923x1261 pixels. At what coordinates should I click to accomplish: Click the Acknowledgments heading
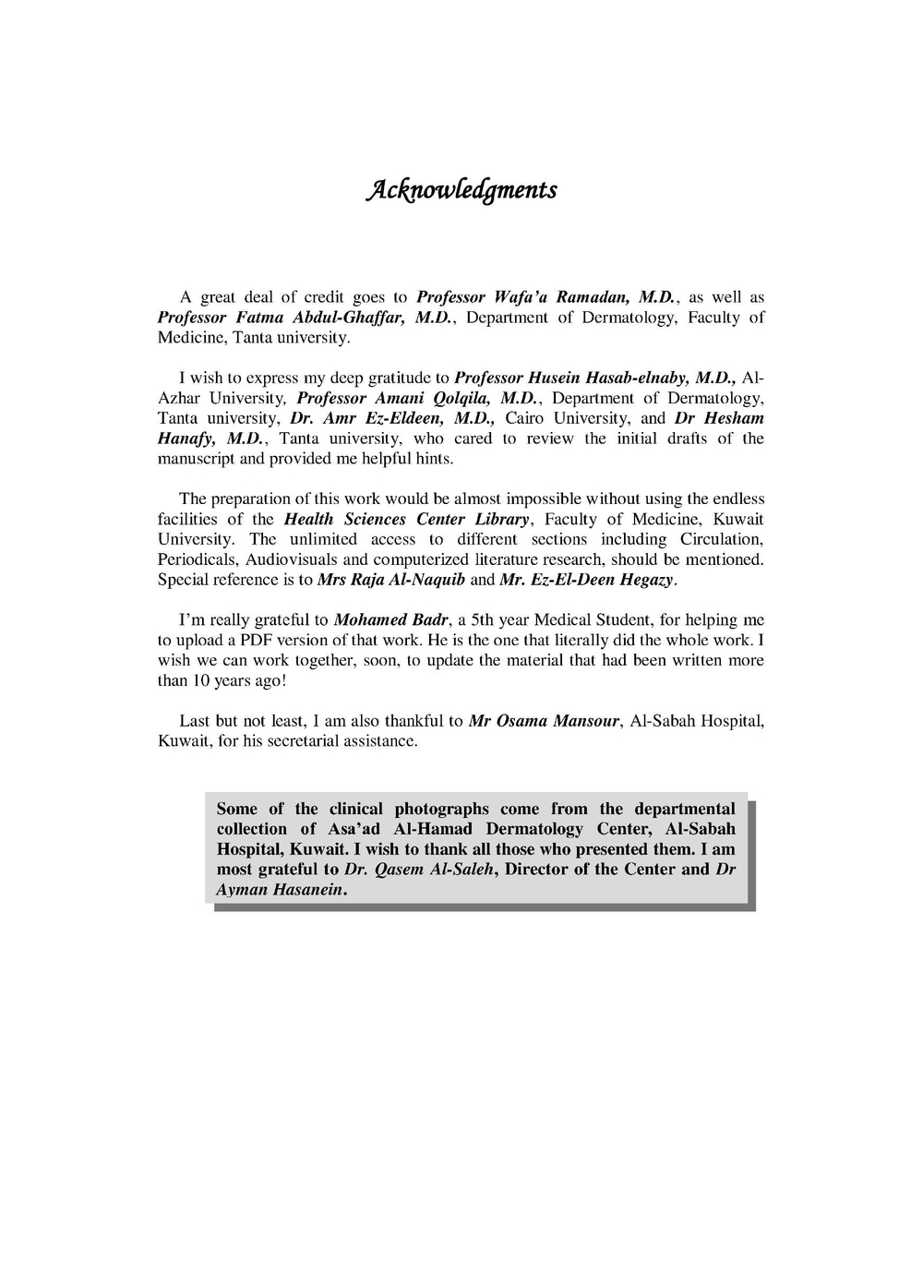click(461, 190)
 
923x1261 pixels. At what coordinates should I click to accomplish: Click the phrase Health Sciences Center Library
click(406, 519)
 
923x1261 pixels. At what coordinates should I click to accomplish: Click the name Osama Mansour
click(557, 721)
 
